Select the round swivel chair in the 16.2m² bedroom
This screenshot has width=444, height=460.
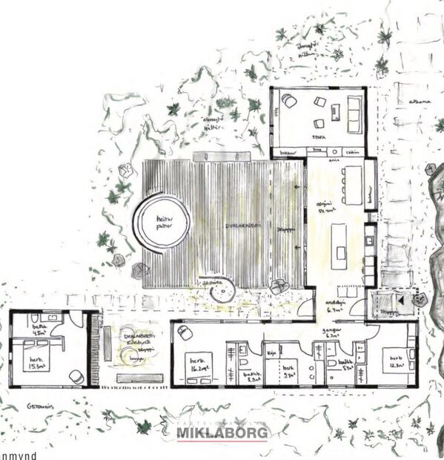(183, 333)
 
